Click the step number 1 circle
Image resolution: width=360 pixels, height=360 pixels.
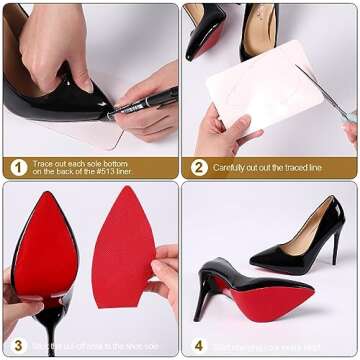click(18, 167)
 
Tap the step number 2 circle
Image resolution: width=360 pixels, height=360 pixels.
click(198, 167)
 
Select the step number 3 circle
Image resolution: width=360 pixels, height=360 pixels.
click(18, 346)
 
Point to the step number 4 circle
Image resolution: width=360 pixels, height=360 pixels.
click(198, 346)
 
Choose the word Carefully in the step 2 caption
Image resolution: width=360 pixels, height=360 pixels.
click(234, 167)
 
